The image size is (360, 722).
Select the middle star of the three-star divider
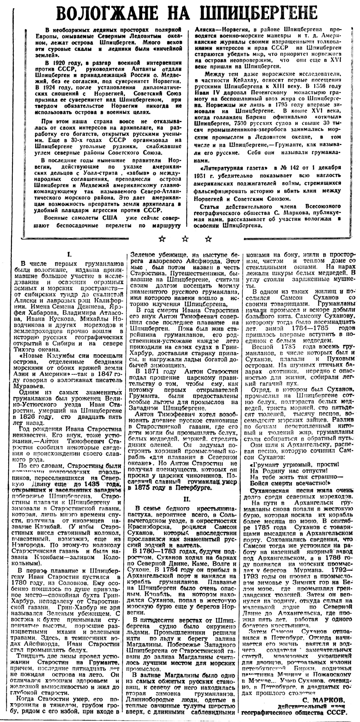click(185, 239)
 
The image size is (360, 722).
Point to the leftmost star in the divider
click(162, 239)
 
